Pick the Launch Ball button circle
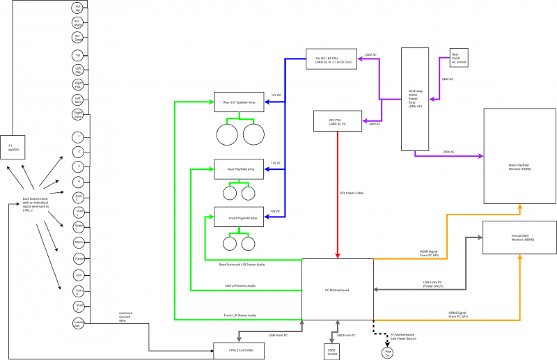tap(79, 322)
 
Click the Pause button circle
tap(79, 258)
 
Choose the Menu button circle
tap(79, 242)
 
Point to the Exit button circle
tap(79, 274)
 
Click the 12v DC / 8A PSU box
tap(331, 59)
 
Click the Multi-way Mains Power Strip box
tap(415, 99)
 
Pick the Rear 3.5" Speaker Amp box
tap(239, 102)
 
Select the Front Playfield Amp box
tap(239, 218)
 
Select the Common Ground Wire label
tap(126, 316)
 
